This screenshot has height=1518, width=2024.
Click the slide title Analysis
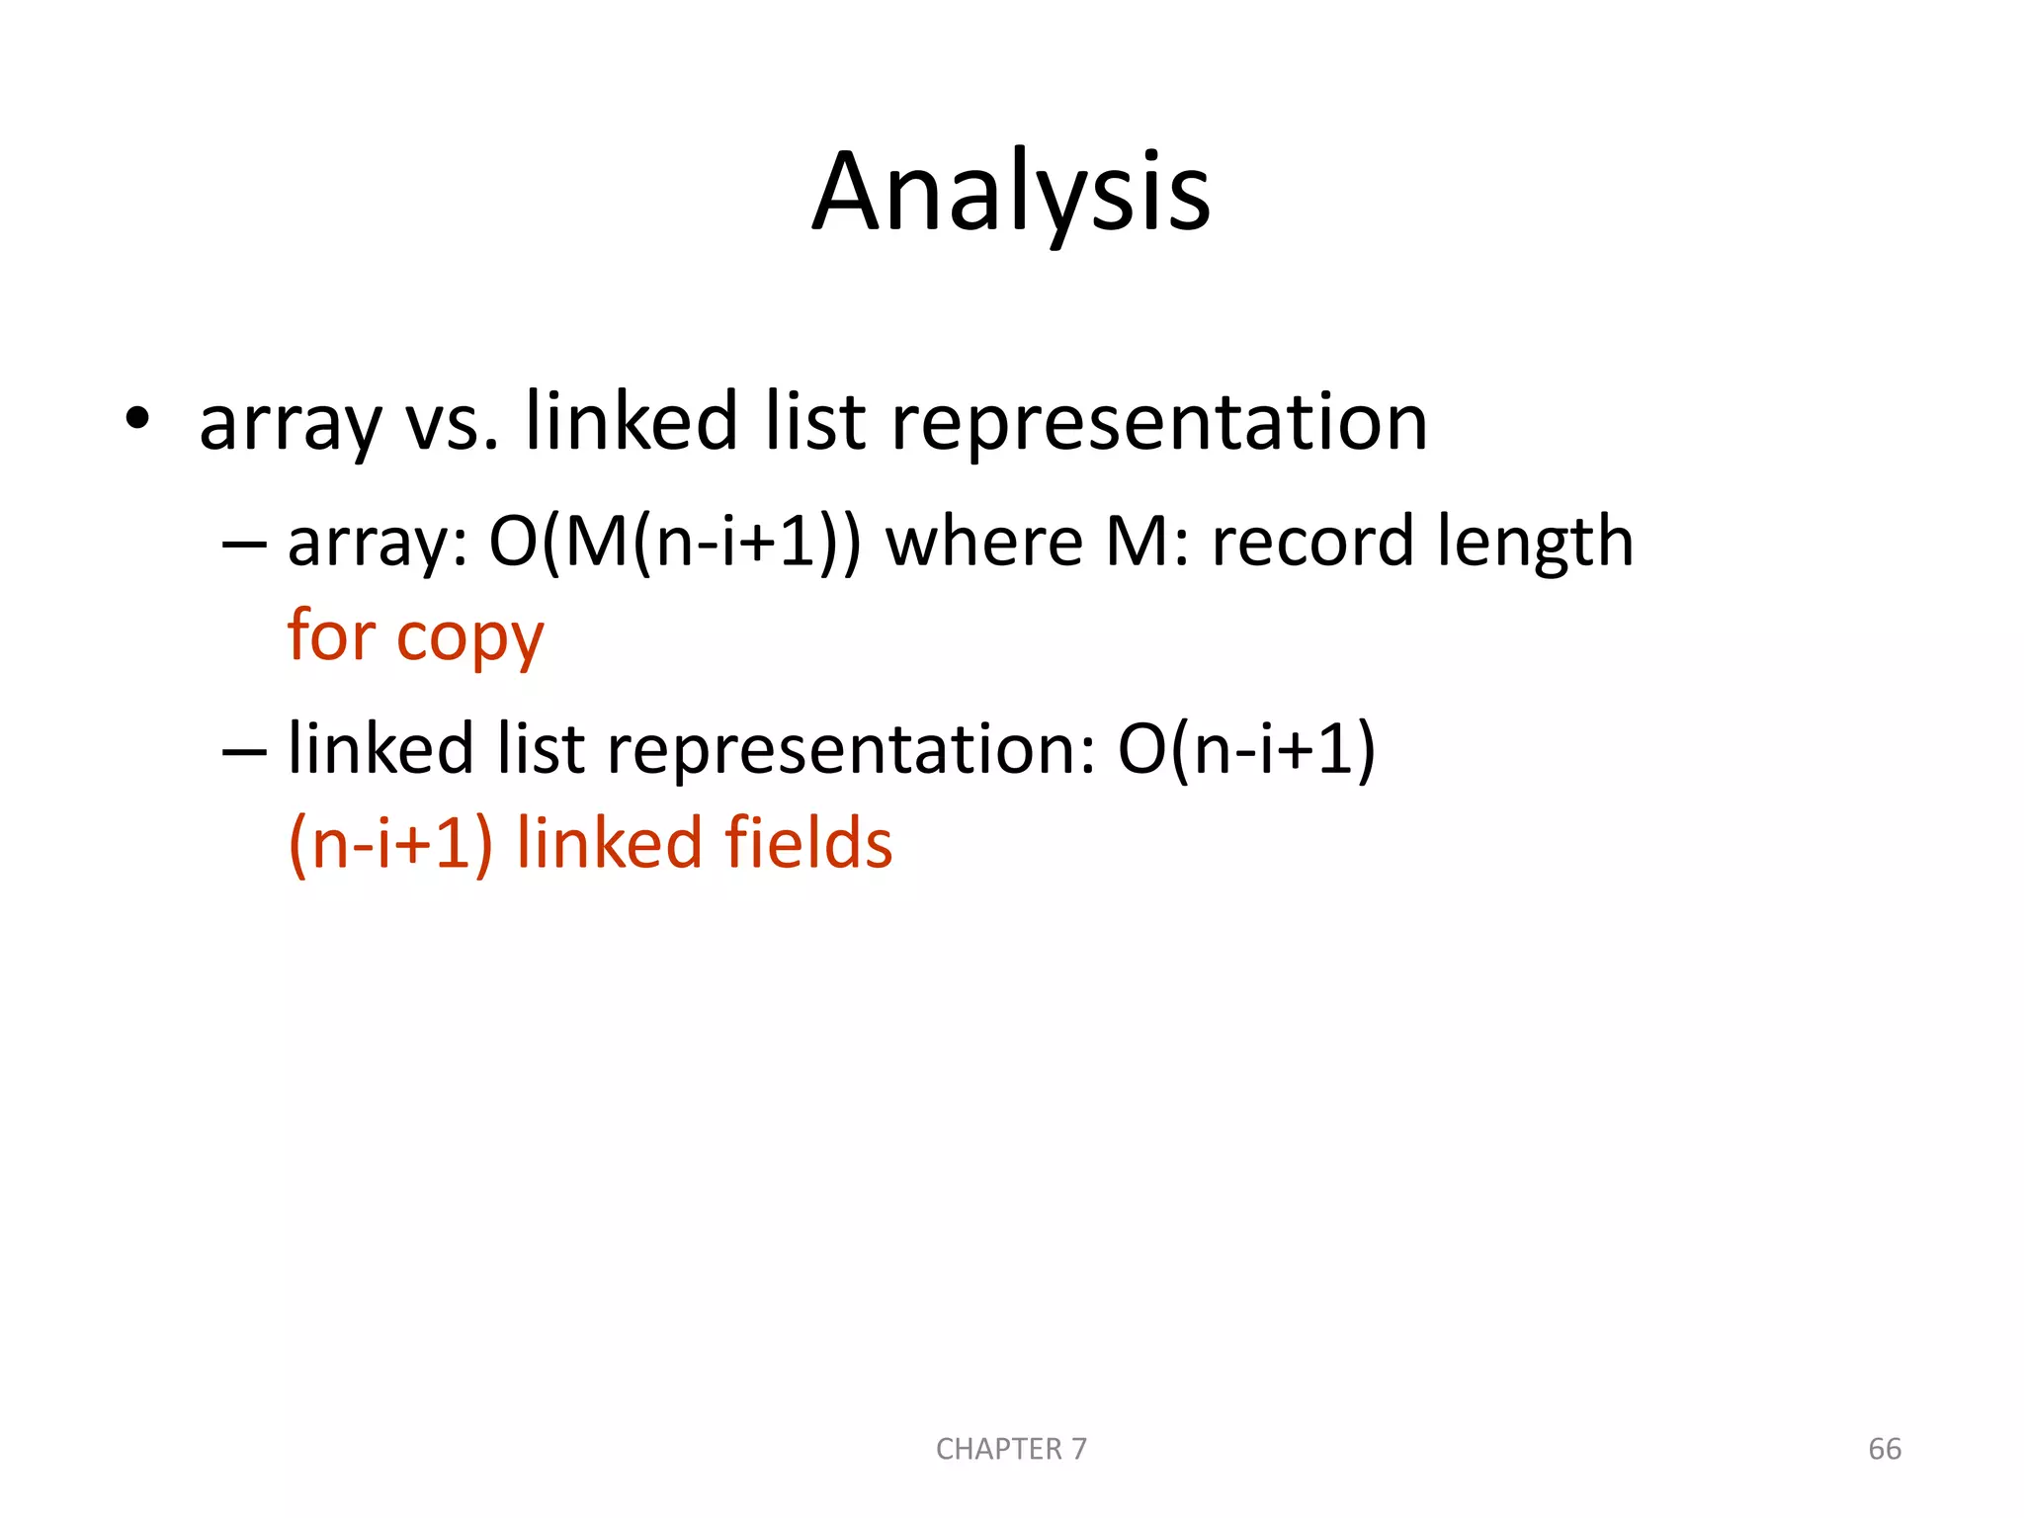pyautogui.click(x=1011, y=193)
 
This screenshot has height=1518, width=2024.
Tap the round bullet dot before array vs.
pyautogui.click(x=136, y=418)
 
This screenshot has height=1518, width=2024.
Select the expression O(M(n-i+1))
pyautogui.click(x=675, y=543)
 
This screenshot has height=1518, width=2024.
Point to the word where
pyautogui.click(x=983, y=543)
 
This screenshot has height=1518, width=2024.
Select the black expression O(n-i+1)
pyautogui.click(x=1246, y=749)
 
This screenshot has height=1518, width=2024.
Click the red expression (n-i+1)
pyautogui.click(x=390, y=845)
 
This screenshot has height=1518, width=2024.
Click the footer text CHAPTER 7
pyautogui.click(x=1011, y=1449)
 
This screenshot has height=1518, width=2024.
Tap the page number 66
pyautogui.click(x=1885, y=1449)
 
